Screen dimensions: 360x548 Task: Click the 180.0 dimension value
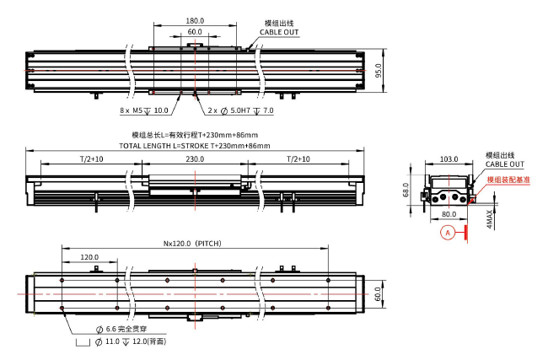pyautogui.click(x=195, y=20)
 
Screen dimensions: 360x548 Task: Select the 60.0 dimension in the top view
pyautogui.click(x=195, y=31)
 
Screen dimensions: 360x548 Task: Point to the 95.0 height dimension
pyautogui.click(x=379, y=69)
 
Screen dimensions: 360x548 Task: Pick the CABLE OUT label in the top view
pyautogui.click(x=279, y=32)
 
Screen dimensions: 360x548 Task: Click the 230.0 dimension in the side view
pyautogui.click(x=195, y=159)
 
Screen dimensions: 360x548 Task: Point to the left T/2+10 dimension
pyautogui.click(x=91, y=159)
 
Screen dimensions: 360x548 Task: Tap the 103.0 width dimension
pyautogui.click(x=449, y=159)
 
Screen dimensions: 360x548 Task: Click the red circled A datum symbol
pyautogui.click(x=449, y=231)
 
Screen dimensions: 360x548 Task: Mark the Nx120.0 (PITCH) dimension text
pyautogui.click(x=195, y=244)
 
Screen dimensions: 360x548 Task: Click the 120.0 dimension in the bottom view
pyautogui.click(x=89, y=257)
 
